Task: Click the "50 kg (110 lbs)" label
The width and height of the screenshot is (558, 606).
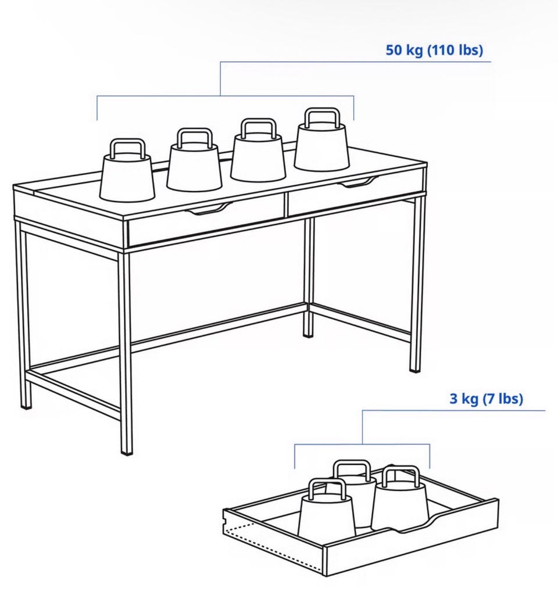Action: (434, 50)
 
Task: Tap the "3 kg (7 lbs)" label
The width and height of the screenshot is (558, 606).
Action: (486, 399)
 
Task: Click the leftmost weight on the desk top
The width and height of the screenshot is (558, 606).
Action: (127, 170)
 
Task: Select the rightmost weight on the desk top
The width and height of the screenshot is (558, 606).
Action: (321, 139)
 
